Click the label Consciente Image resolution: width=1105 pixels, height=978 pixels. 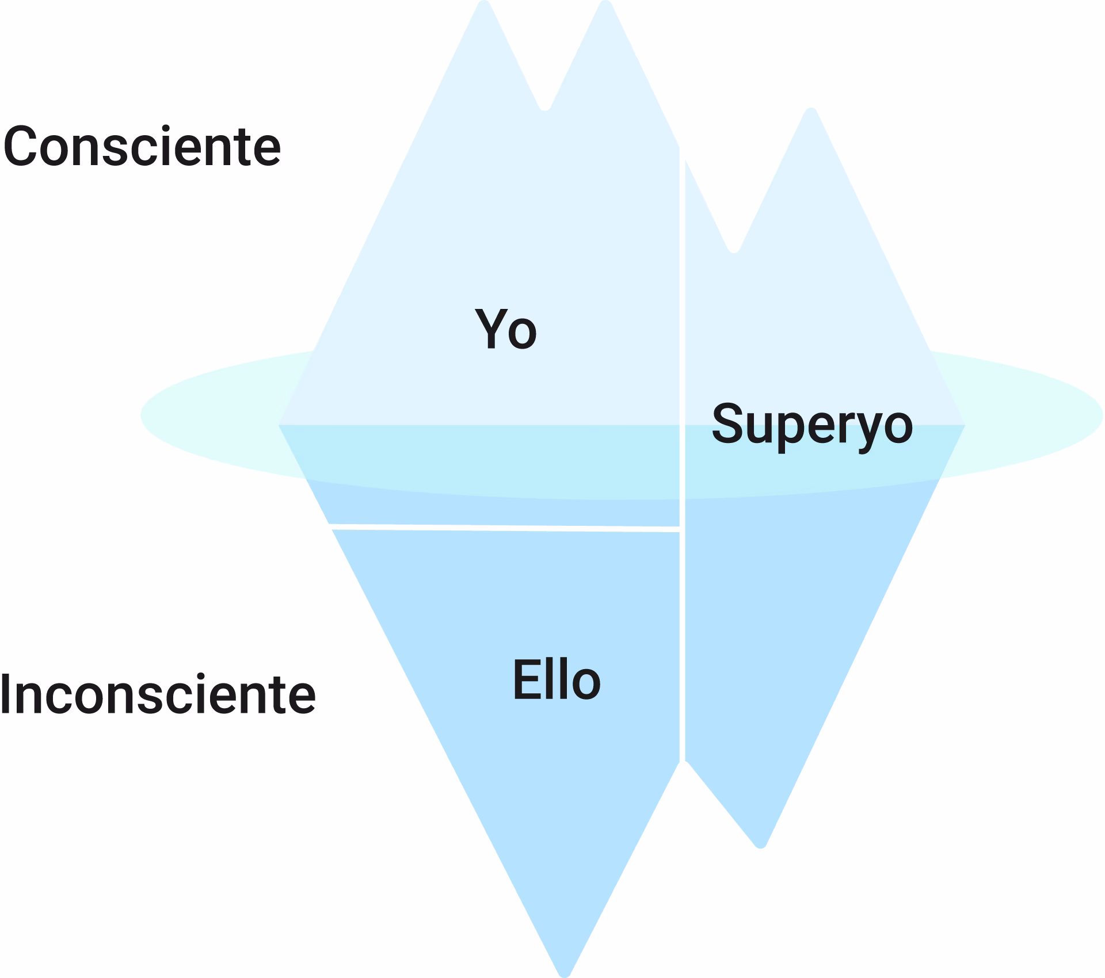click(x=142, y=147)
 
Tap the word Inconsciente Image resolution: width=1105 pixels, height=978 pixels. click(x=158, y=694)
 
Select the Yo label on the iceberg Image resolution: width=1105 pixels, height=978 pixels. click(x=506, y=329)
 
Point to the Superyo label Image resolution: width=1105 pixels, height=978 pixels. click(x=812, y=425)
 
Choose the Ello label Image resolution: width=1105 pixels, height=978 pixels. click(x=557, y=681)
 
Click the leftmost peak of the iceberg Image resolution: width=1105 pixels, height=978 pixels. click(x=484, y=5)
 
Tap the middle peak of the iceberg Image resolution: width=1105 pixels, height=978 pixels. click(x=605, y=5)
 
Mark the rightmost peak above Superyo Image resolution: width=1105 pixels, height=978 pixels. click(x=810, y=112)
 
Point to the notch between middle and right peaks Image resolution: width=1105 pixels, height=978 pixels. click(x=734, y=249)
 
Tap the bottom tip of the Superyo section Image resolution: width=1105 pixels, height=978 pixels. click(x=760, y=844)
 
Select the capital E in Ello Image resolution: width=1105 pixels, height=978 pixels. click(x=524, y=681)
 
